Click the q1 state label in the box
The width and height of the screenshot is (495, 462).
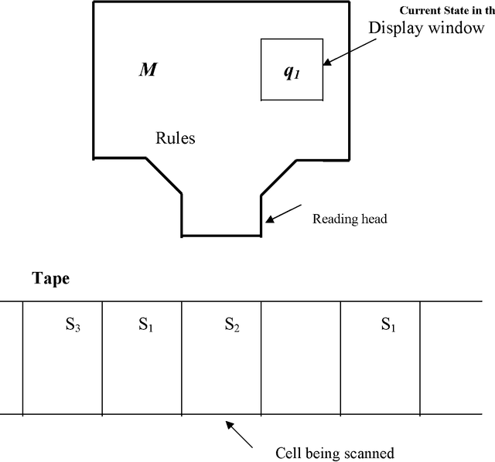tap(290, 73)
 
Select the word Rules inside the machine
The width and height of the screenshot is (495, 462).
tap(176, 139)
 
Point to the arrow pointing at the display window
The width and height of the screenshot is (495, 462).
tap(349, 50)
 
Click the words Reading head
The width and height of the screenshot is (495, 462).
tap(349, 219)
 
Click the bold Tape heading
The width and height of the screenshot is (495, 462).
tap(50, 279)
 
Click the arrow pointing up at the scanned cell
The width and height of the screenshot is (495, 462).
tap(240, 434)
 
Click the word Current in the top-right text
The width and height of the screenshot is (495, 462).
tap(424, 10)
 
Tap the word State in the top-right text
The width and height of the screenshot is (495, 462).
tap(465, 10)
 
